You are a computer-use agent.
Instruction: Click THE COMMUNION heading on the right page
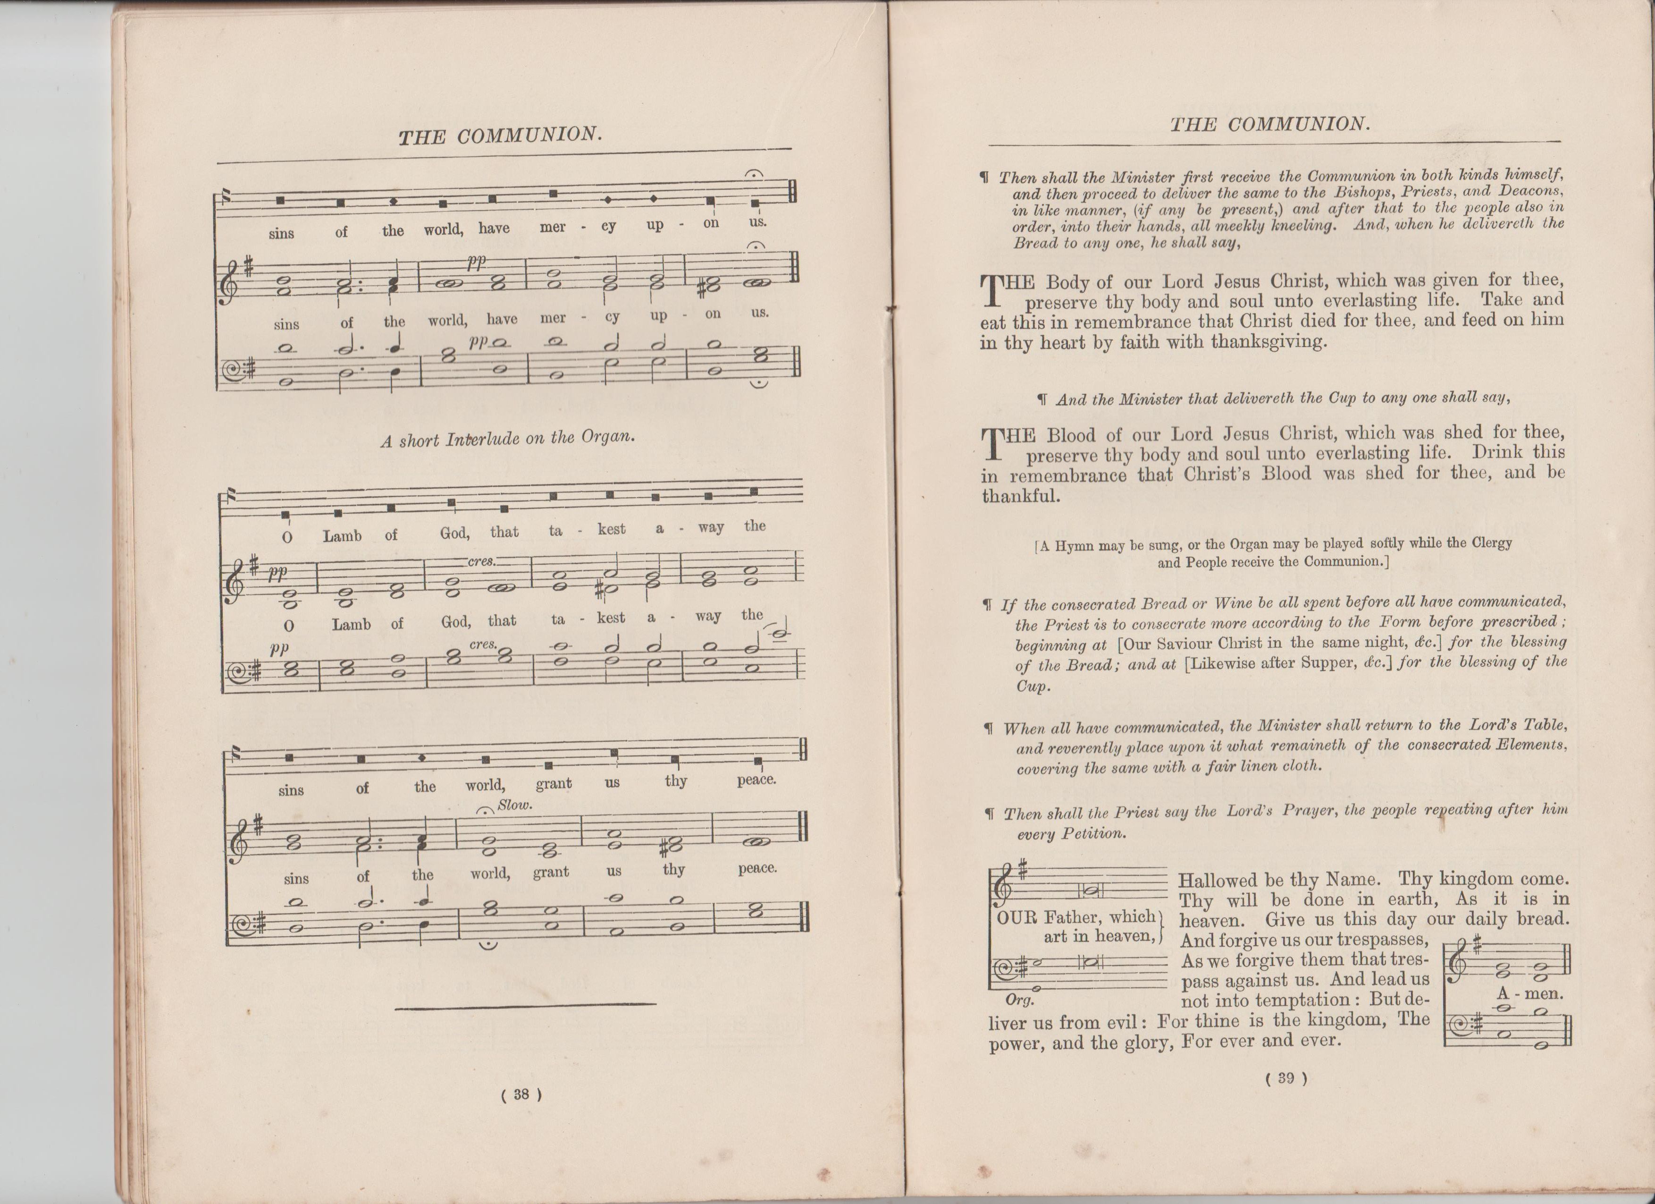tap(1270, 125)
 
